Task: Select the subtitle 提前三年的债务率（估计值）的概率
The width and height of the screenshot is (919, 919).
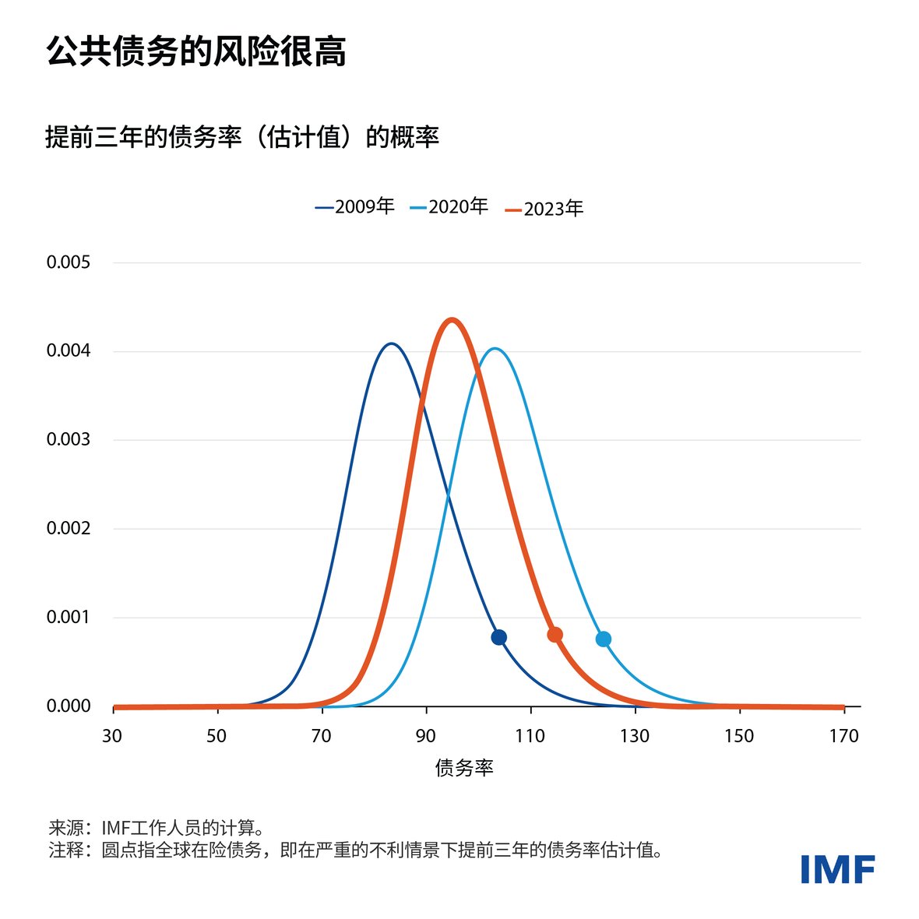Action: [242, 137]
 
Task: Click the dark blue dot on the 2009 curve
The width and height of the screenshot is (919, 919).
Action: [499, 637]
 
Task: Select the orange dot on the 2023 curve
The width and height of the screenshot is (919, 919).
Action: [555, 635]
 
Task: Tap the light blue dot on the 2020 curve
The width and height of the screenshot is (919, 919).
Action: [604, 639]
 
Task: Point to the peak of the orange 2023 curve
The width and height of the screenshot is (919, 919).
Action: [452, 319]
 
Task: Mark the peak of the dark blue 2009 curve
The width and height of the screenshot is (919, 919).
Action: [392, 343]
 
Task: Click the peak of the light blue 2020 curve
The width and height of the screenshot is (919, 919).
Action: [494, 348]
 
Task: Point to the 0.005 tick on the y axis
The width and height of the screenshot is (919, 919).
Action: [69, 262]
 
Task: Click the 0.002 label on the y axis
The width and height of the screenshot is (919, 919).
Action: [69, 529]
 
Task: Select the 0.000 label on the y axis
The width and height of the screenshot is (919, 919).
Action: [69, 706]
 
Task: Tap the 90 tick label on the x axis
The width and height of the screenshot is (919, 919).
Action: [426, 736]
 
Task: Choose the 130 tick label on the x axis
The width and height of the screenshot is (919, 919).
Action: [635, 736]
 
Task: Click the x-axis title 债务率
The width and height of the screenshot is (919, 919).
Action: [464, 768]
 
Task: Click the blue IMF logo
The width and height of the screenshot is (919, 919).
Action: [837, 869]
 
